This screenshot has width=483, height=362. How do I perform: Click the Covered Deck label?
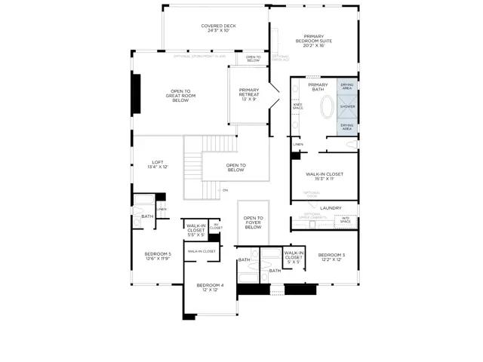[x=218, y=29]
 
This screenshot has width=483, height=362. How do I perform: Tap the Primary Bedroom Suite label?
[x=314, y=41]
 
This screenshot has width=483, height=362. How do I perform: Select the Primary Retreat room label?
[x=249, y=94]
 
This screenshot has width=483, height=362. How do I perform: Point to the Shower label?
[x=347, y=106]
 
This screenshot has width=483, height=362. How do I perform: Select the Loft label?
[x=157, y=164]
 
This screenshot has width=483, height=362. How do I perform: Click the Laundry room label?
[x=331, y=208]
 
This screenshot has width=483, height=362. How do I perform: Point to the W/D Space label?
[x=345, y=220]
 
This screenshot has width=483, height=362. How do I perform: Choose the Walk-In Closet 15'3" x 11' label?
[x=325, y=176]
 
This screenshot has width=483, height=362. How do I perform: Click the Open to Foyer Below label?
[x=253, y=222]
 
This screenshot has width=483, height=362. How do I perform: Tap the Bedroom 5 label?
[x=158, y=256]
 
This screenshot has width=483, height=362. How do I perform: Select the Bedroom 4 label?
[x=210, y=287]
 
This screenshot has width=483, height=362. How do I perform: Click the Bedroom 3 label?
[x=331, y=257]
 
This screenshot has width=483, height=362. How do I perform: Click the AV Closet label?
[x=215, y=226]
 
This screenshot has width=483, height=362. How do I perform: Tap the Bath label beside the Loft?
[x=146, y=216]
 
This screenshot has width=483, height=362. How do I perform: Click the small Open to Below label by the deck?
[x=254, y=58]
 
